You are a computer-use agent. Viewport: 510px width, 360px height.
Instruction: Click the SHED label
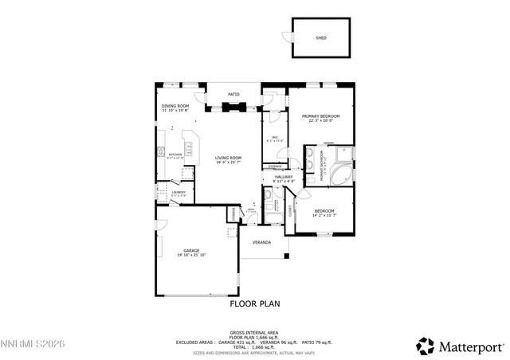(x=321, y=37)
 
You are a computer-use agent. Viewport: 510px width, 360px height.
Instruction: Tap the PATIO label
(x=233, y=94)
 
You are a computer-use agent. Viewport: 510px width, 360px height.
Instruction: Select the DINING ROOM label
(x=175, y=106)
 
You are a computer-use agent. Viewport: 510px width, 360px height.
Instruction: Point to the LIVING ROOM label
(x=228, y=158)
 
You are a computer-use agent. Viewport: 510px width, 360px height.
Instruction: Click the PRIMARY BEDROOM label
(x=321, y=116)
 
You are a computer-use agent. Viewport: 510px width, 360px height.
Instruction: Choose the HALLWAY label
(x=284, y=177)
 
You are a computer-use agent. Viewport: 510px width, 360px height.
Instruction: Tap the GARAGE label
(x=191, y=250)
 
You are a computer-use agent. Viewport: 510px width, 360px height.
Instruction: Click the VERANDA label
(x=261, y=242)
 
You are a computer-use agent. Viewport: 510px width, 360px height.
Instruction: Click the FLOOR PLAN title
(x=255, y=303)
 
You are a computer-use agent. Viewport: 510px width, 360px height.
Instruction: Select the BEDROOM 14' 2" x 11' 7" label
(x=324, y=211)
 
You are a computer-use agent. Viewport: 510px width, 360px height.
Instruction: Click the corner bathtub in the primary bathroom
(x=345, y=174)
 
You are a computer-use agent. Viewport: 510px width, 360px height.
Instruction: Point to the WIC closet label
(x=274, y=138)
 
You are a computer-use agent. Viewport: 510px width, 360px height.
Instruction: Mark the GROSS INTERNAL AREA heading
(x=254, y=332)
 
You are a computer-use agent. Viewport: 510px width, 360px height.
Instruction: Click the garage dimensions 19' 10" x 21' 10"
(x=191, y=254)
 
